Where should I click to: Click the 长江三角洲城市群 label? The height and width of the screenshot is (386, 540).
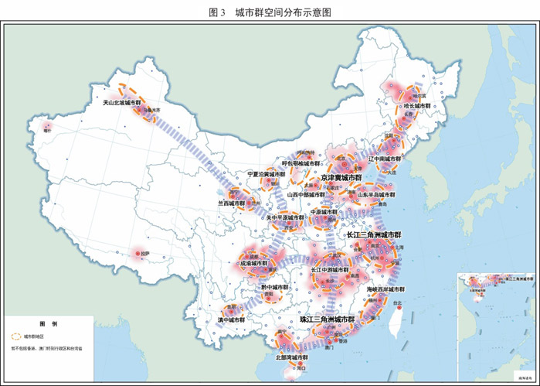[374, 234]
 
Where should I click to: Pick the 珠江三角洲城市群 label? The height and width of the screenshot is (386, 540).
[327, 319]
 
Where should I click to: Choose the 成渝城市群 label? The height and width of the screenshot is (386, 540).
[254, 263]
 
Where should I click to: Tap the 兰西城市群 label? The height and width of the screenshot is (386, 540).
[231, 203]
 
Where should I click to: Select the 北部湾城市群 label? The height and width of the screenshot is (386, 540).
[291, 357]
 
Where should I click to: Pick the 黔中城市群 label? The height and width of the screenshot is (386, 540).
[273, 287]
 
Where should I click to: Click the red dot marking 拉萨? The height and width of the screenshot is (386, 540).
[138, 253]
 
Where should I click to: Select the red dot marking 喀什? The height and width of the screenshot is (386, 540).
[47, 125]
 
